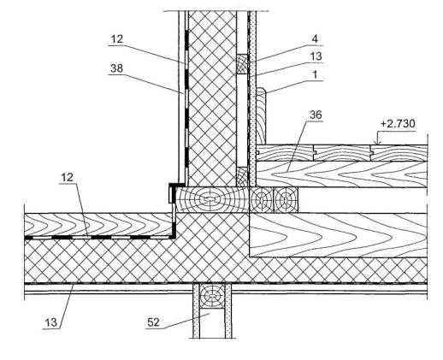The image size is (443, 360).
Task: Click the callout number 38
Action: coord(116,68)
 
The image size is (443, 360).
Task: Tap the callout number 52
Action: coord(153,322)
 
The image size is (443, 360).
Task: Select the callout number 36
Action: coord(316,115)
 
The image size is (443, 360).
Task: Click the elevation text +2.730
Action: coord(398,124)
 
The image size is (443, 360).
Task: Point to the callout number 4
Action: coord(315,39)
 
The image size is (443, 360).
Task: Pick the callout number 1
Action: coord(315,75)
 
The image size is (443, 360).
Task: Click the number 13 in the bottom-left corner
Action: coord(51,323)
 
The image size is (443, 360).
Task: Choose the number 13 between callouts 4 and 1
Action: coord(316,56)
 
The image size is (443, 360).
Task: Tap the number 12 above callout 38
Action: coord(116,38)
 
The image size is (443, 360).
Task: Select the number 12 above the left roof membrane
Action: coord(68,178)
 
